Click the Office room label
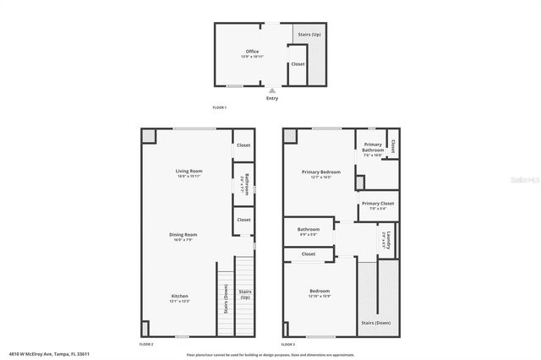coord(252,51)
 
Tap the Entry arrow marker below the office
coord(271,90)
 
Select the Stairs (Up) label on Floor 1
coord(309,35)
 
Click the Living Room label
coord(189,171)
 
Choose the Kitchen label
coord(178,296)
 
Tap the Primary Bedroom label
coord(320,172)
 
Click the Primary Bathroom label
coord(373,147)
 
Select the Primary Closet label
coord(378,204)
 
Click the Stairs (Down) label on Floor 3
coord(375,323)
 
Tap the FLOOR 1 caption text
coord(220,107)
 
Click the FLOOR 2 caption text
coord(146,344)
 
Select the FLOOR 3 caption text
coord(288,344)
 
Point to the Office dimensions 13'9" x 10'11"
coord(252,57)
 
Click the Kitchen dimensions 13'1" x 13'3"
coord(178,301)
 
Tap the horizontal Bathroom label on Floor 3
coord(308,229)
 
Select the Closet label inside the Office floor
coord(298,63)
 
